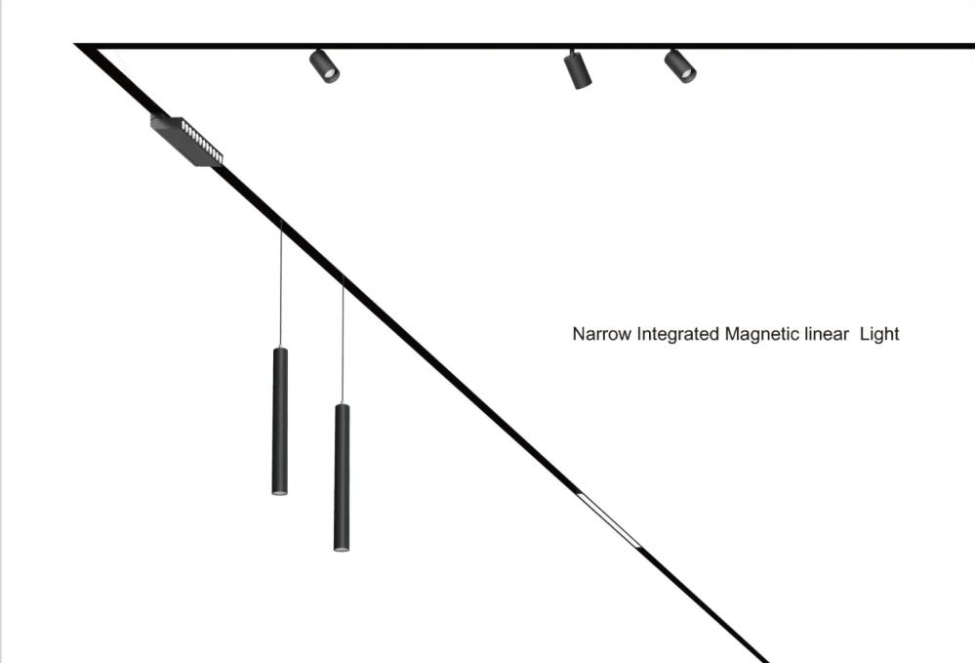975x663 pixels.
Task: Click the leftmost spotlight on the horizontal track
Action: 324,65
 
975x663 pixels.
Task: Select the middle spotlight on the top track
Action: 578,69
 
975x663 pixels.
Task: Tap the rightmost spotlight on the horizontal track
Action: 680,65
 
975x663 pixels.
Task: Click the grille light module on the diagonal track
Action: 186,141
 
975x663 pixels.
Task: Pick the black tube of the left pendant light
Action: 280,420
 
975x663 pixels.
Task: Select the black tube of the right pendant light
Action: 342,476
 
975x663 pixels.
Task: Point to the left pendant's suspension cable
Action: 281,283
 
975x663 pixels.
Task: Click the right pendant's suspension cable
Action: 343,342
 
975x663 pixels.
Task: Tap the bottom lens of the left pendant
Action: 280,493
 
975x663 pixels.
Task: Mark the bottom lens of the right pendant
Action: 342,549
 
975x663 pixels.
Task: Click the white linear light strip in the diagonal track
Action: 609,519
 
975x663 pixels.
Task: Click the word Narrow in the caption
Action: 601,334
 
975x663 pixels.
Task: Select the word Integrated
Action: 678,334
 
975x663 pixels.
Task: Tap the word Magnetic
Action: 762,334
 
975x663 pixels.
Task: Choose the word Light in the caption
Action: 879,334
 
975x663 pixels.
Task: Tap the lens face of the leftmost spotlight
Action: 331,74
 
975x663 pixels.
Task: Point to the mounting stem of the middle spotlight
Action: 571,53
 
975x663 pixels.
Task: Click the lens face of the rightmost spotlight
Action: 688,74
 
